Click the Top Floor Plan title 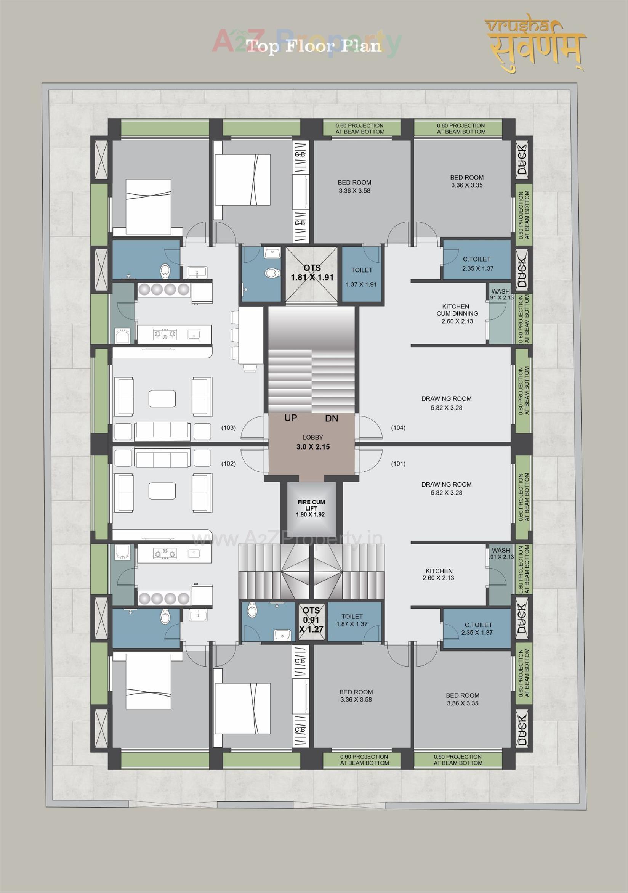[314, 46]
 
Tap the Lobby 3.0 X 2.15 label [313, 442]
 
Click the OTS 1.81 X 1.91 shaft [312, 273]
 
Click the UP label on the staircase [291, 418]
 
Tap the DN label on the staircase [332, 419]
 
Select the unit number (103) [229, 428]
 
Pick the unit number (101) [398, 464]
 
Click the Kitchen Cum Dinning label [457, 313]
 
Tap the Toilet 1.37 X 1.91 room [361, 276]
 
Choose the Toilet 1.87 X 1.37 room [352, 620]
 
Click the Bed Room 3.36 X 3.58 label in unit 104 [354, 186]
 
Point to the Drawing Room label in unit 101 [446, 488]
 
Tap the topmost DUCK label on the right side [522, 159]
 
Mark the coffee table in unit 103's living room [162, 399]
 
